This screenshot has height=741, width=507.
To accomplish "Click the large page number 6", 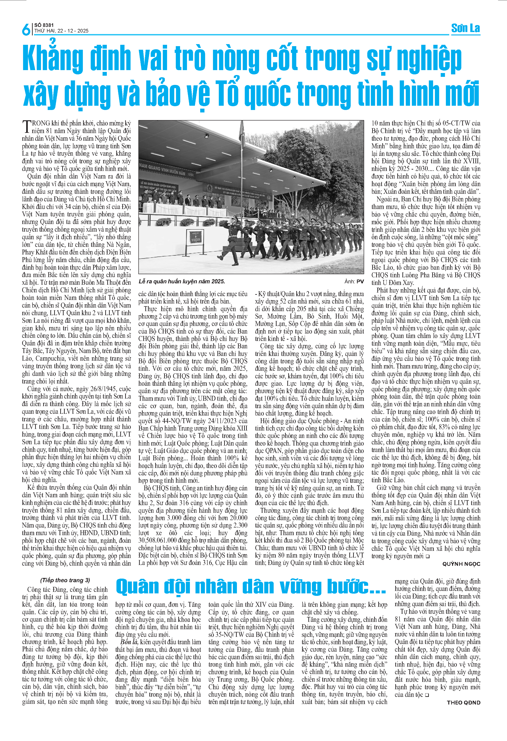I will [x=26, y=29].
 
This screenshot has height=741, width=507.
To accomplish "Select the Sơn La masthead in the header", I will [x=465, y=28].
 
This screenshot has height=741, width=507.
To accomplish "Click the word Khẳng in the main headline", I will [x=53, y=59].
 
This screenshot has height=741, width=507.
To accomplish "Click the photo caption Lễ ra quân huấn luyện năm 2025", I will [x=182, y=281].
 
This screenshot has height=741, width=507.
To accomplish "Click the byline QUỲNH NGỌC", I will [x=461, y=564].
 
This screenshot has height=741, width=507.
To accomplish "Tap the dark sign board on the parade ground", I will [x=195, y=237].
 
